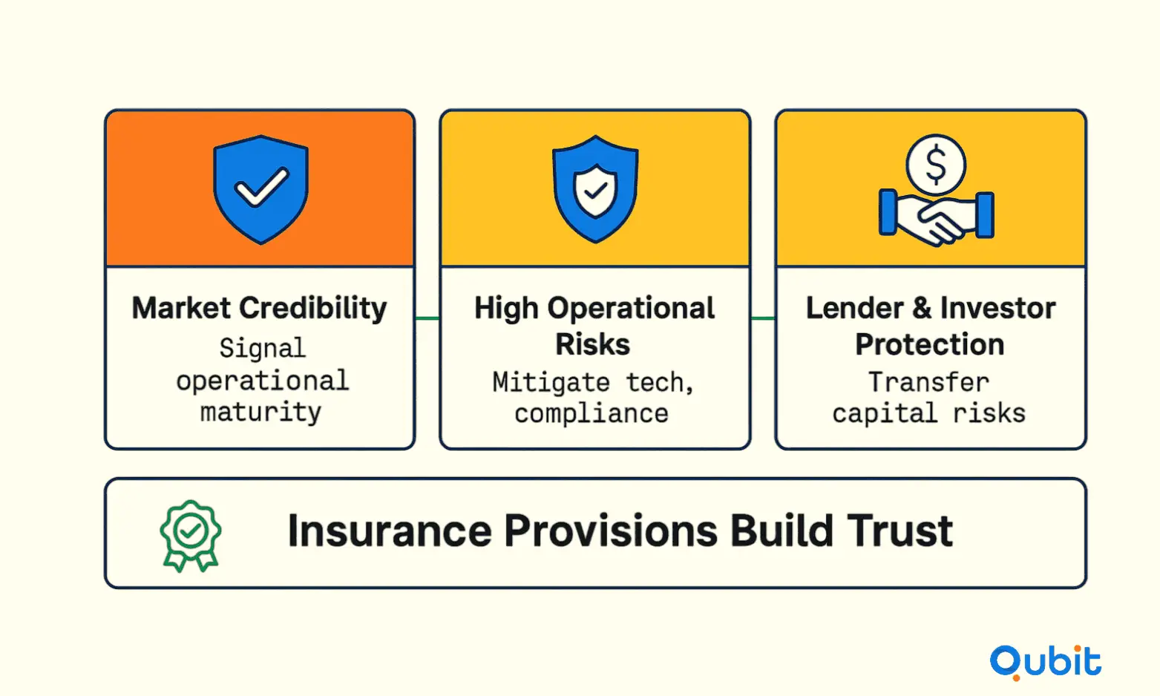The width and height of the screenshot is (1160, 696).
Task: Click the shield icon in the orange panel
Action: [261, 189]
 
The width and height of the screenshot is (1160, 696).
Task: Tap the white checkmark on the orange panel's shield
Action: [261, 187]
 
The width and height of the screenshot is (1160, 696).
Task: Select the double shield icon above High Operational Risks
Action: [595, 189]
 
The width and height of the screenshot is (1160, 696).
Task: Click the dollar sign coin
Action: [936, 165]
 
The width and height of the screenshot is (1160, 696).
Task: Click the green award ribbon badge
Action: [191, 536]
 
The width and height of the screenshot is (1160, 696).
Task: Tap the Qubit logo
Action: [1046, 663]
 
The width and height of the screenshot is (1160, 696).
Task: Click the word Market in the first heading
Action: [181, 308]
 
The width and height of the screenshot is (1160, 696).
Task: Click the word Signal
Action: [263, 349]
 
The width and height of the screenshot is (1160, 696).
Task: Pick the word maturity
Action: [261, 413]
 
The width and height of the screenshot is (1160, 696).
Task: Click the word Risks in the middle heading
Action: [593, 344]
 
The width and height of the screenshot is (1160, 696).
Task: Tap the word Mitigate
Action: [551, 382]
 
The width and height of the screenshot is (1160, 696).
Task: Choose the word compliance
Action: [592, 414]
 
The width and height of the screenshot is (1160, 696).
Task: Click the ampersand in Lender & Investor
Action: [922, 308]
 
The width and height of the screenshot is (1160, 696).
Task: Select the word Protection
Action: [930, 345]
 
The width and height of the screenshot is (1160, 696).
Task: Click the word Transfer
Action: [928, 382]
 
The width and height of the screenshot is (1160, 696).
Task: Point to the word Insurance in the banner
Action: [390, 531]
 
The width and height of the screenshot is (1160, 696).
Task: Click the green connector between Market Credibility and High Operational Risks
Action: [427, 318]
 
